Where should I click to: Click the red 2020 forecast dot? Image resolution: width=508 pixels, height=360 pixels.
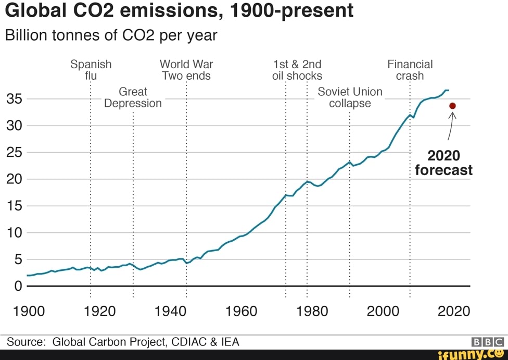coord(452,106)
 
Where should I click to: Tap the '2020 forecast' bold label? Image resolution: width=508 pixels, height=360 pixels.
coord(444,163)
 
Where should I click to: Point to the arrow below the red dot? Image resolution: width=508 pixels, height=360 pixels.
coord(451,126)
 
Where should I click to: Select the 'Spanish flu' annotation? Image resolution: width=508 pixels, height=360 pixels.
coord(91,70)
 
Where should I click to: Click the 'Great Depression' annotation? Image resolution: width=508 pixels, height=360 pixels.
coord(133,97)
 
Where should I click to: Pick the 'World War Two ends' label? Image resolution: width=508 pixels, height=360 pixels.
coord(186,70)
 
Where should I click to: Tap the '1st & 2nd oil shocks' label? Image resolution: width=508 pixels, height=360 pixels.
coord(297,70)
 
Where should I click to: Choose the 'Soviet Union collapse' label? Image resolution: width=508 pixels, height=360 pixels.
coord(350,97)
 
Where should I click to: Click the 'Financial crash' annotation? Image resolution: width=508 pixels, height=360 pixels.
coord(410,70)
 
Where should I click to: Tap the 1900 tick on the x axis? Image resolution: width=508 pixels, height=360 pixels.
coord(29,311)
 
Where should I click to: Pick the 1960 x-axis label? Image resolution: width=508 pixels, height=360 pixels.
coord(242,311)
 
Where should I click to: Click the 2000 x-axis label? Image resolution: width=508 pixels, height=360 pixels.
coord(383,311)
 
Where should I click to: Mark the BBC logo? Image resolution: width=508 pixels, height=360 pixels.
coord(487,342)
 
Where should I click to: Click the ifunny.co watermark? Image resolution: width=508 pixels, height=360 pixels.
coord(471,354)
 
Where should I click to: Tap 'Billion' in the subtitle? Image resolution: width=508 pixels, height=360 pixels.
coord(26,35)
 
